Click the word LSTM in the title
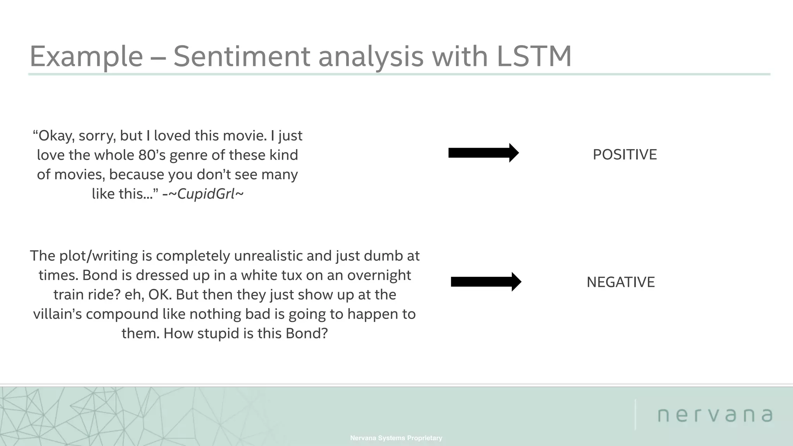point(534,57)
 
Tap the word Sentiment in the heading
point(242,57)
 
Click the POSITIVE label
point(625,155)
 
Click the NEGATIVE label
point(620,282)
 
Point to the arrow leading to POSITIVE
point(483,153)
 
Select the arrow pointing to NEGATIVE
point(486,282)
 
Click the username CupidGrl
point(206,194)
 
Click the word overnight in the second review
point(379,276)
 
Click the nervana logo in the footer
point(715,415)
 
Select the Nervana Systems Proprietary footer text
point(396,438)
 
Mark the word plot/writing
point(99,256)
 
